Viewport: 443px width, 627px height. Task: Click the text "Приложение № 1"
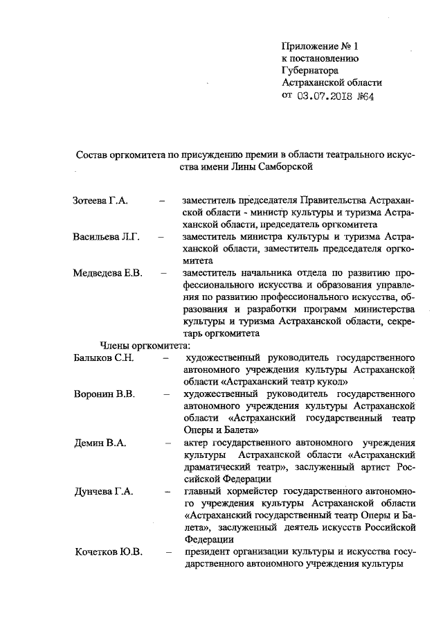[321, 46]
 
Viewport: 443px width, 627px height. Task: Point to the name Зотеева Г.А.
[100, 201]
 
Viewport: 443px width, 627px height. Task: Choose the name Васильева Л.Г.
[107, 237]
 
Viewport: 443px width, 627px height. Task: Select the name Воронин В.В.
[104, 394]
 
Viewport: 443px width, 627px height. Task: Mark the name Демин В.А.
[100, 443]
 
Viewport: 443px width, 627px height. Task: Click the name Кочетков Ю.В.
[109, 552]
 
